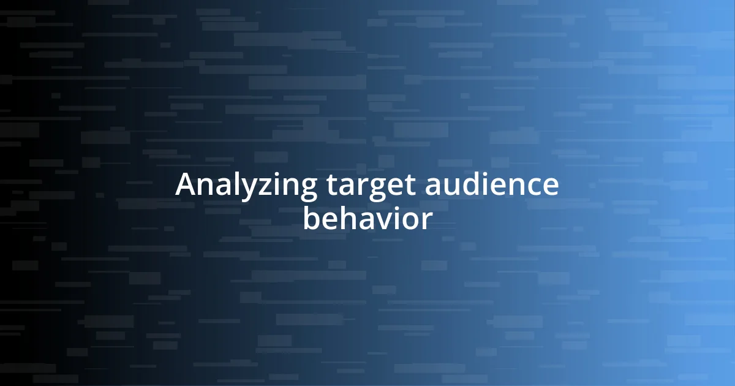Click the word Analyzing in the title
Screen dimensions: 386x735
click(246, 186)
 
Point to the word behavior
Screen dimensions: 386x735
click(367, 219)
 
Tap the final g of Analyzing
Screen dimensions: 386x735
click(307, 190)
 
